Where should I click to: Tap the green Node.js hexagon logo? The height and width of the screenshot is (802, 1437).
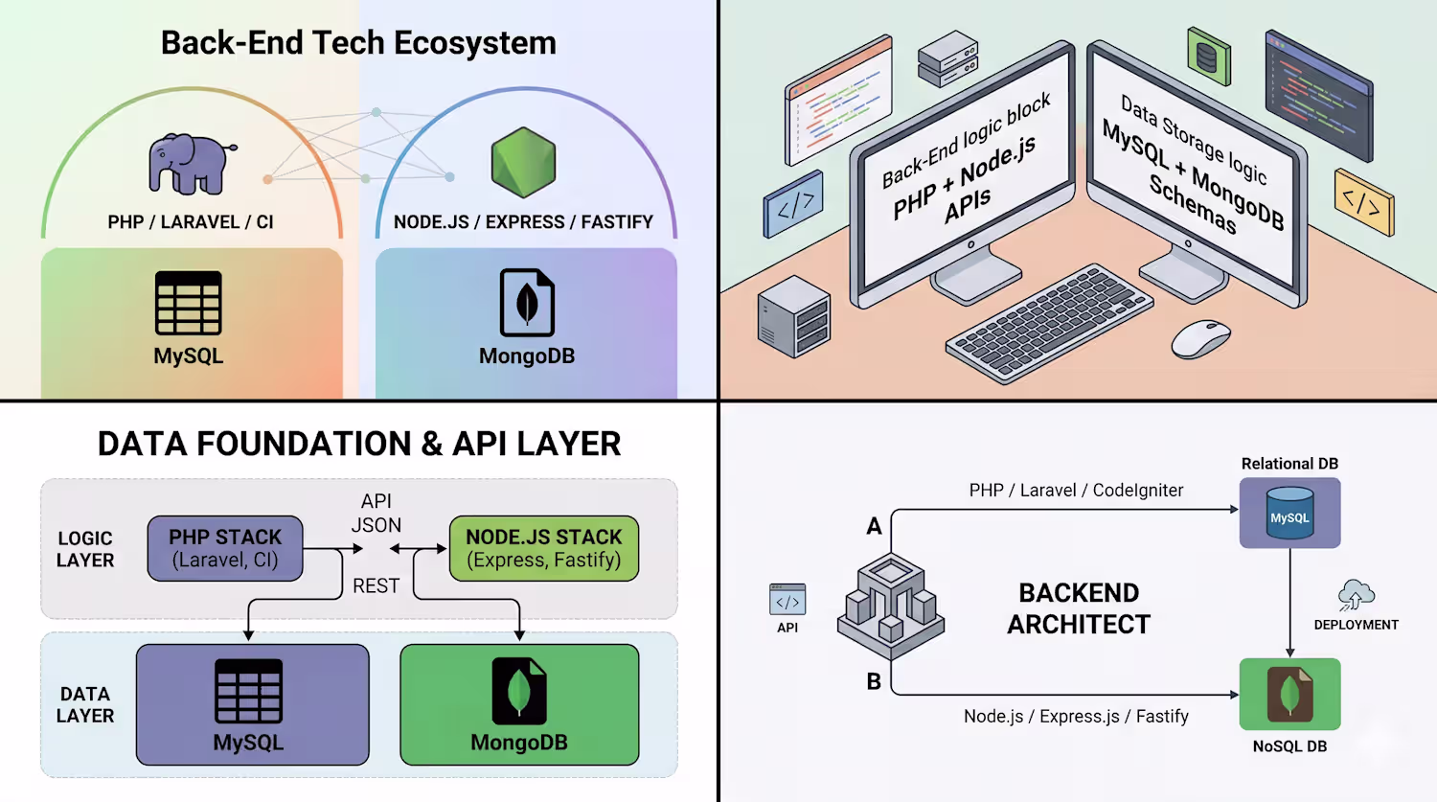click(523, 162)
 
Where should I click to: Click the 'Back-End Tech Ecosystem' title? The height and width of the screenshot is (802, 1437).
click(358, 43)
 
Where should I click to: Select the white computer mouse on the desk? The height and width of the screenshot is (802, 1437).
click(1201, 339)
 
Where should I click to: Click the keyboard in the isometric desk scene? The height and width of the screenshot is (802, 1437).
click(1049, 323)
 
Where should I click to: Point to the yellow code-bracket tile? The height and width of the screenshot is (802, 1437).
click(1364, 202)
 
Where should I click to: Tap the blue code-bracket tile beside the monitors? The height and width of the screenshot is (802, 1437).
click(793, 204)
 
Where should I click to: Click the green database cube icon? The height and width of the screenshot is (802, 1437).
click(1209, 57)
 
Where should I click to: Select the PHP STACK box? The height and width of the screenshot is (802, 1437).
click(225, 549)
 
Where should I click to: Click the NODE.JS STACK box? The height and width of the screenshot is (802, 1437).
click(544, 549)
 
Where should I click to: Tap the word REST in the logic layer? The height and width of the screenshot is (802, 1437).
click(376, 585)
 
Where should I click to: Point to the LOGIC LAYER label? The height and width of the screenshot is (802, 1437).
click(85, 549)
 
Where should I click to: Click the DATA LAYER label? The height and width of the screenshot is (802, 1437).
click(85, 704)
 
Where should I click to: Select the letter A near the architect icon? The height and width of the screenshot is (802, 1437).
click(874, 526)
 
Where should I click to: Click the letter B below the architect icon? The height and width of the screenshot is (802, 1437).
click(874, 681)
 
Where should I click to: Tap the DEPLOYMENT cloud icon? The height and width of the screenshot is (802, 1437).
click(1357, 595)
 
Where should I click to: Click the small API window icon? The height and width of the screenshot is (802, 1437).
click(787, 599)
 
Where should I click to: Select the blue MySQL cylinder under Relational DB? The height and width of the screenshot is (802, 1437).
click(1290, 513)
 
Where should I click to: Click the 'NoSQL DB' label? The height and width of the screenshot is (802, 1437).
click(1290, 746)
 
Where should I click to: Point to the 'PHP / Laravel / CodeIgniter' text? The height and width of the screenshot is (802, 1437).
click(1076, 491)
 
